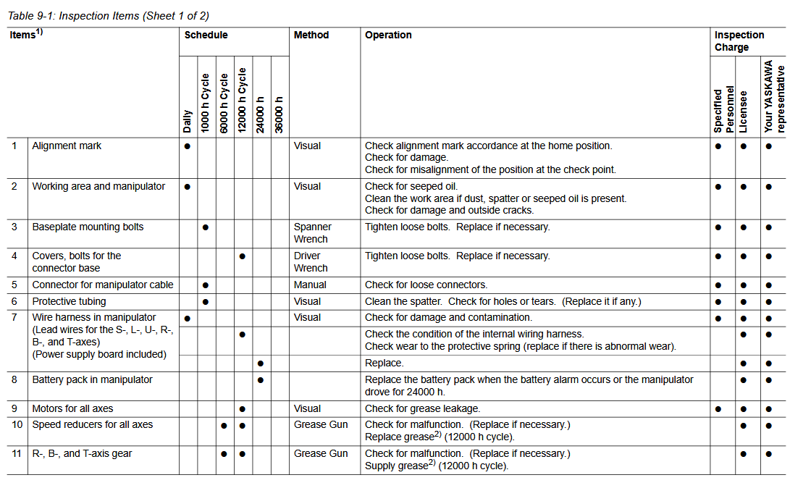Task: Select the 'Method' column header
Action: point(311,35)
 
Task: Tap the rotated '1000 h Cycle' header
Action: point(206,102)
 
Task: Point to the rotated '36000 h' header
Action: point(280,114)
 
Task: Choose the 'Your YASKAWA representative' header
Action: point(773,96)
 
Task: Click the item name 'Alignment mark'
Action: point(67,146)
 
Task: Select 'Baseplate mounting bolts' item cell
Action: point(88,227)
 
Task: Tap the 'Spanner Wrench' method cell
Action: point(312,232)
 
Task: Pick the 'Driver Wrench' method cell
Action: point(311,261)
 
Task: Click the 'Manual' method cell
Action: point(310,285)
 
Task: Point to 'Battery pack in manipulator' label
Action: point(92,379)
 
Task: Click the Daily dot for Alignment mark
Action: point(188,146)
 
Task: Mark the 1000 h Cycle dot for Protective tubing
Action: point(206,301)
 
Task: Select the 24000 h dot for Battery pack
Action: point(261,379)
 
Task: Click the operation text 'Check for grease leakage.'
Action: point(422,408)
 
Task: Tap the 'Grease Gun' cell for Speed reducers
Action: point(321,424)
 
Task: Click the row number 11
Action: point(17,453)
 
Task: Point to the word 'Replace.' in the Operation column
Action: point(385,363)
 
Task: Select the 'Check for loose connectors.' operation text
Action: point(426,285)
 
